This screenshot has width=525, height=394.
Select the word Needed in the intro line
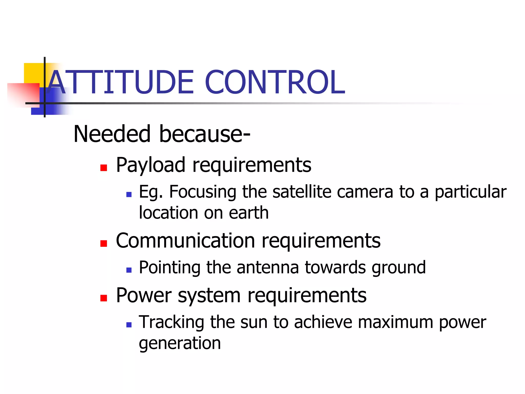click(112, 134)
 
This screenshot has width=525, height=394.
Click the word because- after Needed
click(205, 134)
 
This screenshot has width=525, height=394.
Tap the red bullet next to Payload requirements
click(104, 168)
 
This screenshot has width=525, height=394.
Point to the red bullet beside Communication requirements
click(104, 243)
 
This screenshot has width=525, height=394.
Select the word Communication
click(185, 241)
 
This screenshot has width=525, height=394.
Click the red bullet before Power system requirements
click(104, 298)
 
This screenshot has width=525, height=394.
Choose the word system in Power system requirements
click(209, 296)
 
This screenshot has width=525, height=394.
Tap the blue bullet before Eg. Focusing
click(129, 194)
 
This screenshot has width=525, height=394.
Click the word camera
click(365, 192)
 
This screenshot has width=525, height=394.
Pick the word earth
click(248, 213)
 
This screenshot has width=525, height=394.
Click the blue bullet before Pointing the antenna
click(129, 270)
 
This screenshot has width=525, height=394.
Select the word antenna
click(268, 268)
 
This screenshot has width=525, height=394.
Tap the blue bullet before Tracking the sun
click(129, 325)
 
